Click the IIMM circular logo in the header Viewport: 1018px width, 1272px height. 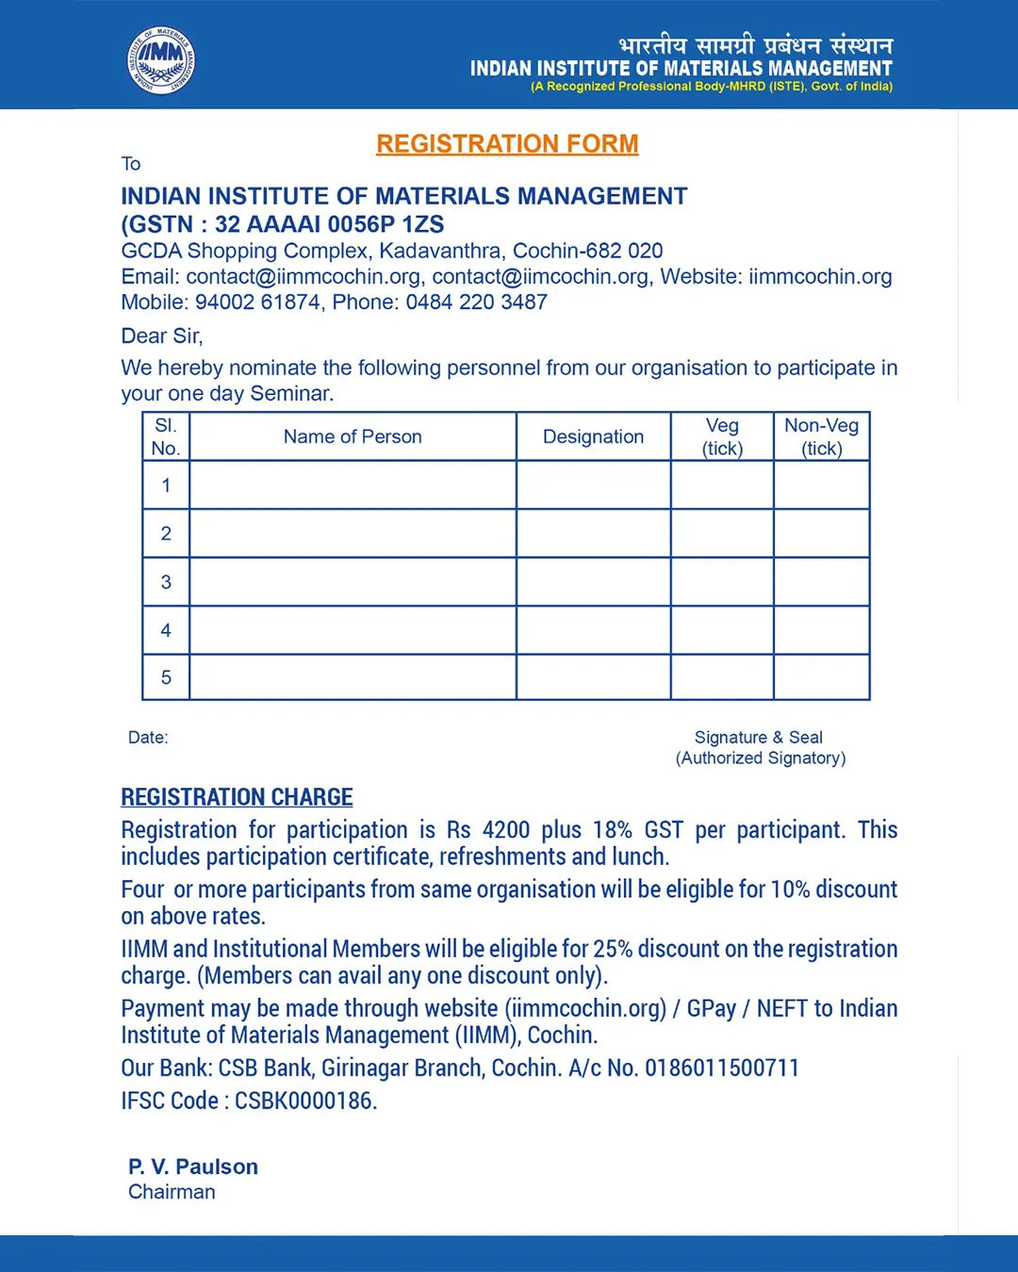point(161,60)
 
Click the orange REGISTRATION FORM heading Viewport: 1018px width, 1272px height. point(507,144)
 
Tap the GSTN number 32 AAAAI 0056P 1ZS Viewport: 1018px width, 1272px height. point(329,224)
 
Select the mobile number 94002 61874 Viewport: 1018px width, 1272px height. point(257,302)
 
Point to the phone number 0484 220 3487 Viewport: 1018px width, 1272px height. point(476,302)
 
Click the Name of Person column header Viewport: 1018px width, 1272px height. point(353,437)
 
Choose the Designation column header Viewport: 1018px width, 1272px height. point(593,437)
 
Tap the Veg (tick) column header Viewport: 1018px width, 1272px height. point(722,437)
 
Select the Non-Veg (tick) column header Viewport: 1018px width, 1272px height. point(821,437)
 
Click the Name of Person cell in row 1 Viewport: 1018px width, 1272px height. point(353,485)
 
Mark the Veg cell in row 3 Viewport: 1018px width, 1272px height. point(722,581)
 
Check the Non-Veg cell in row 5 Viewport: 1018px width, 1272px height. point(821,677)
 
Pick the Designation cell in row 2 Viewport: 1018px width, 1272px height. point(593,533)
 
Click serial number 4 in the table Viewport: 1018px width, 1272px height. point(166,630)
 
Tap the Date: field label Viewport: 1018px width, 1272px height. point(148,738)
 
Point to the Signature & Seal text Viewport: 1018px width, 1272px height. point(759,738)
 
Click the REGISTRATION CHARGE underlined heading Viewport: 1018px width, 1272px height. point(237,797)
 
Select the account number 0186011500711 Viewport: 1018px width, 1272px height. point(722,1068)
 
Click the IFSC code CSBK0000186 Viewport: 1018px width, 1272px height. point(305,1101)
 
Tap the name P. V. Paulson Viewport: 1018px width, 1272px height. point(193,1167)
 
